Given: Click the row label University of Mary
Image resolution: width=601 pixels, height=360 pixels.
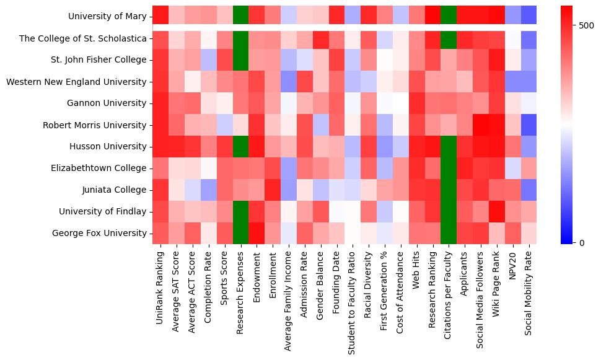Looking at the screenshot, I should [108, 16].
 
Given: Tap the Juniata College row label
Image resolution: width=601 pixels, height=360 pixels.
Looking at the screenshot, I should [116, 190].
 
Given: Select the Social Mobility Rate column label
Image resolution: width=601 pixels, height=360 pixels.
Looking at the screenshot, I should [529, 292].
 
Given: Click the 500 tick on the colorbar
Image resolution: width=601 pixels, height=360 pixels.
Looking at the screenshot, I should [586, 26].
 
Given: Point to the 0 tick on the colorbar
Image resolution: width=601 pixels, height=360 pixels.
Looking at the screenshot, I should [582, 242].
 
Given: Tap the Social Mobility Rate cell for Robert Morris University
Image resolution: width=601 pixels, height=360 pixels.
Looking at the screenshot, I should [529, 125].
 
